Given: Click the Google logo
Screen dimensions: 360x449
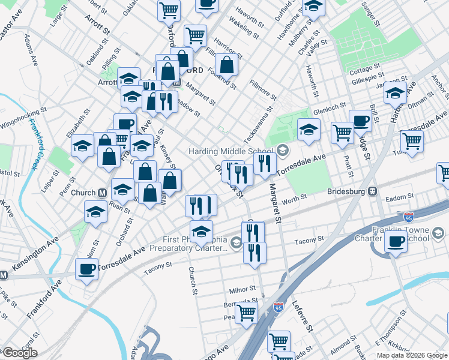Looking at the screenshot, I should click(19, 353).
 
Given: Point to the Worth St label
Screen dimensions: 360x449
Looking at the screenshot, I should click(294, 197).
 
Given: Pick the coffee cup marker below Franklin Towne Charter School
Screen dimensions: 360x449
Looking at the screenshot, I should click(396, 242).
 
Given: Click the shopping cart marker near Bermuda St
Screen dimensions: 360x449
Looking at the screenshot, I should click(246, 312).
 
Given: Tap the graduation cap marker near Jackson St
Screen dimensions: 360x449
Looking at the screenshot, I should click(395, 94).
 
